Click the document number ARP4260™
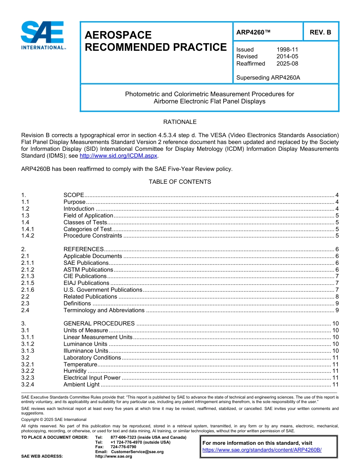(253, 32)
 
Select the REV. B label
(320, 32)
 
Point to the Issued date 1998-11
(287, 50)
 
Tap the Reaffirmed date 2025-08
(287, 64)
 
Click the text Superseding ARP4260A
(268, 78)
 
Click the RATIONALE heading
(180, 122)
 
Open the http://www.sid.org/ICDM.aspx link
(118, 156)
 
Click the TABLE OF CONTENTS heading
(180, 182)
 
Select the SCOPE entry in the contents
(74, 195)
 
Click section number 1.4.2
(28, 236)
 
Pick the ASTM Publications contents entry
(88, 270)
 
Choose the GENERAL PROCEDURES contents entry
(99, 324)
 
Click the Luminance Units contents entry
(86, 344)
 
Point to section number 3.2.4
(28, 385)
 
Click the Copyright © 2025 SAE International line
(54, 420)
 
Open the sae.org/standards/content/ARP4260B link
(262, 450)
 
